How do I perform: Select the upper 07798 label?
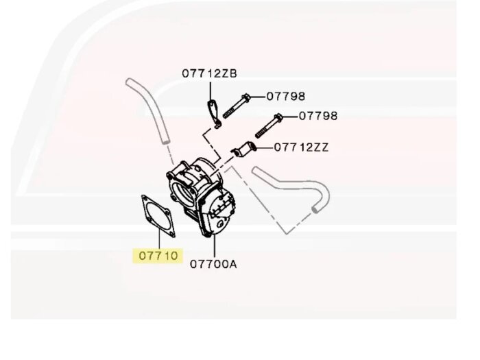[285, 97]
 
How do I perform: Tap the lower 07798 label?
[318, 116]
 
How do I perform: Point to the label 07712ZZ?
[301, 147]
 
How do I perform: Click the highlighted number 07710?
[158, 256]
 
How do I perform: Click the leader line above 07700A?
[213, 245]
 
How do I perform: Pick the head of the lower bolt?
[278, 117]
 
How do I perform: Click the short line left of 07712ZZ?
[264, 147]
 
